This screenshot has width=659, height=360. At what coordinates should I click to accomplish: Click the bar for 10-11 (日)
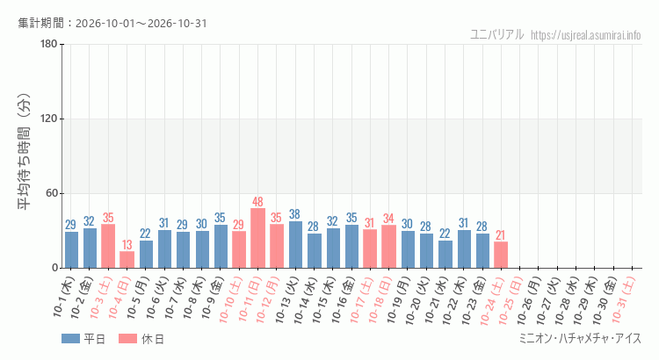(x=257, y=238)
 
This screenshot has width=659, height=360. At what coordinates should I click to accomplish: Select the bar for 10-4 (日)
(x=127, y=260)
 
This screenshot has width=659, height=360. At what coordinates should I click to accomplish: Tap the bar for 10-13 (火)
(x=295, y=244)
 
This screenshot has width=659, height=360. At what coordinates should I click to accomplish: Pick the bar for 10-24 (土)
(x=501, y=255)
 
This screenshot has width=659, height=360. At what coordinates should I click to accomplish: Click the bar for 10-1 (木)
(x=71, y=250)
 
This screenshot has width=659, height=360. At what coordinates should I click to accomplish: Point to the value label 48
(x=257, y=202)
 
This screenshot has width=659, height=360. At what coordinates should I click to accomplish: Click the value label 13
(x=127, y=244)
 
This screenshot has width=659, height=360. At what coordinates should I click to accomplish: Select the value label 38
(x=295, y=214)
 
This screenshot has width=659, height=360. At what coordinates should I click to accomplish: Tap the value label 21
(x=500, y=235)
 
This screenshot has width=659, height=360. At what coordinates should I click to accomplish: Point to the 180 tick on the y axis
(x=48, y=44)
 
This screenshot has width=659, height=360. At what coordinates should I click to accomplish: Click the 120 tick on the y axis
(x=48, y=119)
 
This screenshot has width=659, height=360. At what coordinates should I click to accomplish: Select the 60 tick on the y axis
(x=51, y=193)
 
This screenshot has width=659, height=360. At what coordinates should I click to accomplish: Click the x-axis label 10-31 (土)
(x=624, y=299)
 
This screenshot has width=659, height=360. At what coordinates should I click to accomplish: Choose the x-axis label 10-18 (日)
(x=380, y=299)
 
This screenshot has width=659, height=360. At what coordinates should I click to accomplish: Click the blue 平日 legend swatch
(x=70, y=339)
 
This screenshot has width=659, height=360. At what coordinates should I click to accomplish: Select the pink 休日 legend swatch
(x=127, y=339)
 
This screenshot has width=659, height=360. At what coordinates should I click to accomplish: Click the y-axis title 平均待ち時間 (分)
(x=24, y=152)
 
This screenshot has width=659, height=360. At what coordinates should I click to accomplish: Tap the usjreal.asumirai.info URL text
(x=586, y=35)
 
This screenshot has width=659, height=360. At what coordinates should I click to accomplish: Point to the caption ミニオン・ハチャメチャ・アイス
(x=581, y=338)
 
